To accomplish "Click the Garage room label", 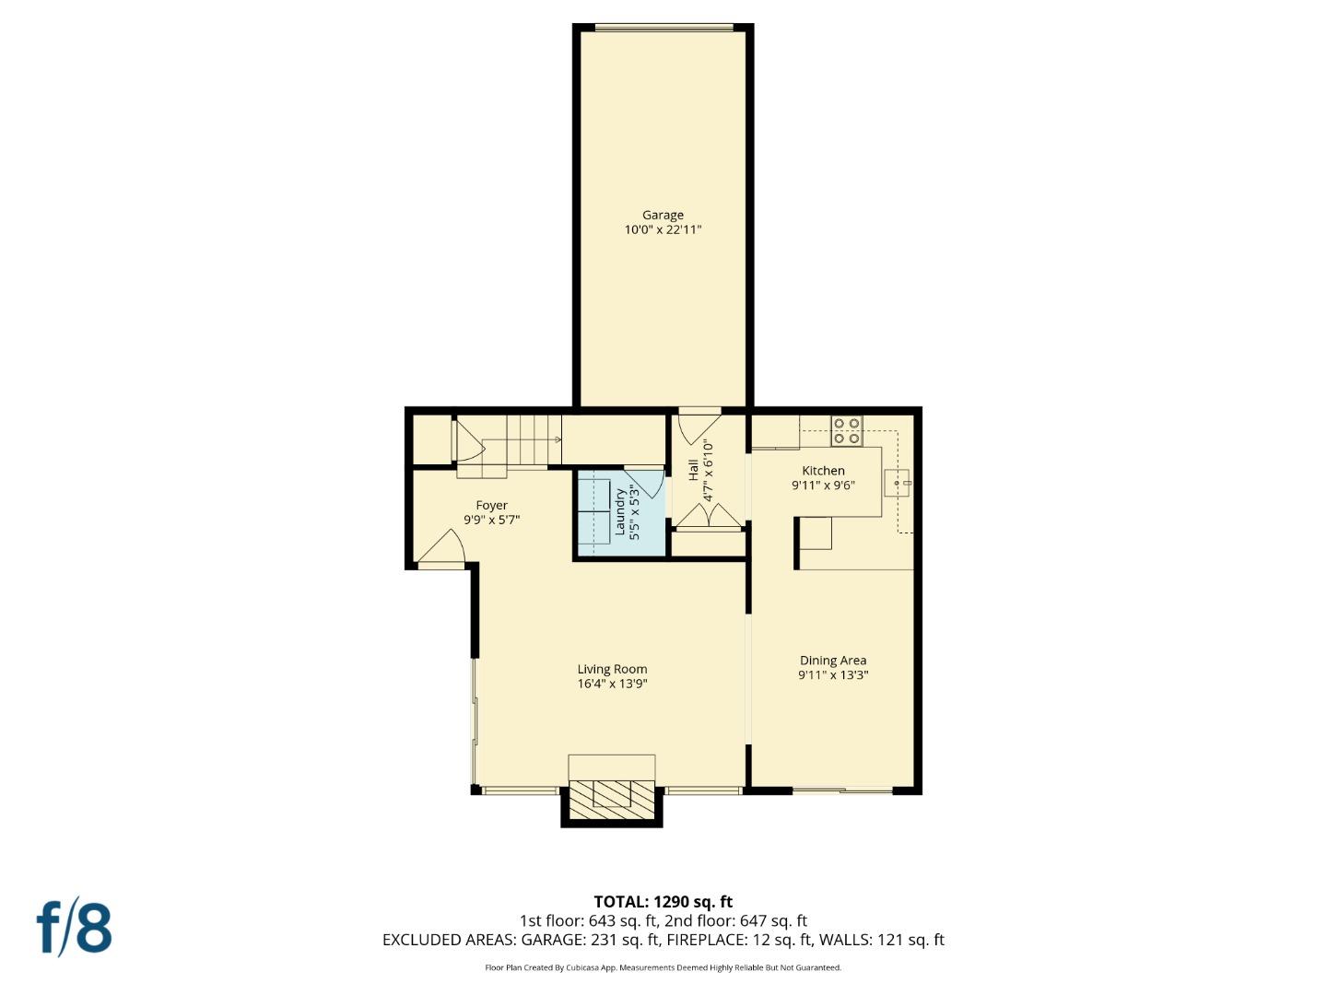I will (663, 215).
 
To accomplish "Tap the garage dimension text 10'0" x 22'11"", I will (663, 230).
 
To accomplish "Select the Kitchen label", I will (823, 471).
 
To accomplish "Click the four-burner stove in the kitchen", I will (847, 430).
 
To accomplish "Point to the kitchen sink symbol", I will (898, 483).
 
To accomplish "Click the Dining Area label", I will (833, 661).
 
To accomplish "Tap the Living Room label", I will (612, 670).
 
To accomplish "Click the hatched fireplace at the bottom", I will (612, 799).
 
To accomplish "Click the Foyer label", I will (491, 505).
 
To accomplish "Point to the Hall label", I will (693, 470).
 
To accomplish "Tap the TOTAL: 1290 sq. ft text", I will (663, 902).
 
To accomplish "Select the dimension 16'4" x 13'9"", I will (612, 685).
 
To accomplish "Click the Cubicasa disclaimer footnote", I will (663, 967).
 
